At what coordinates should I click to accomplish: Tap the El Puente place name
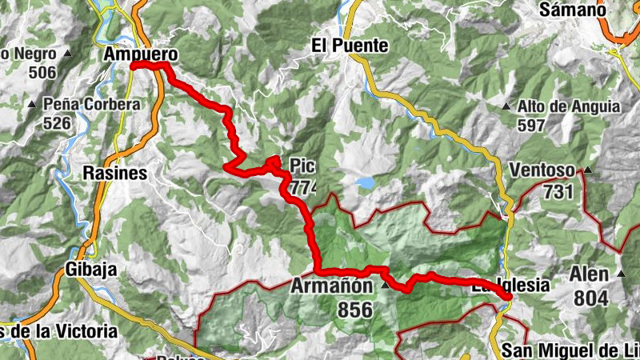tap(350, 46)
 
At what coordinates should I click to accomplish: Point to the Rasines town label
tap(114, 173)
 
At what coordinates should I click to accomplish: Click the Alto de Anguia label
tap(568, 106)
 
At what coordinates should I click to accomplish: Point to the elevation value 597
tap(530, 125)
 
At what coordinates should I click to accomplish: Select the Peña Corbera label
tap(92, 104)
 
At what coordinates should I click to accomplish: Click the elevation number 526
tap(58, 123)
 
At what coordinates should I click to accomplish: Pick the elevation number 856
tap(355, 309)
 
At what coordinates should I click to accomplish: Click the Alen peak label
tap(590, 274)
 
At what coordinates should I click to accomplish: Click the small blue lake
tap(365, 183)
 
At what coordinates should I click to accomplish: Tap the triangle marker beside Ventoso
tap(588, 170)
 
